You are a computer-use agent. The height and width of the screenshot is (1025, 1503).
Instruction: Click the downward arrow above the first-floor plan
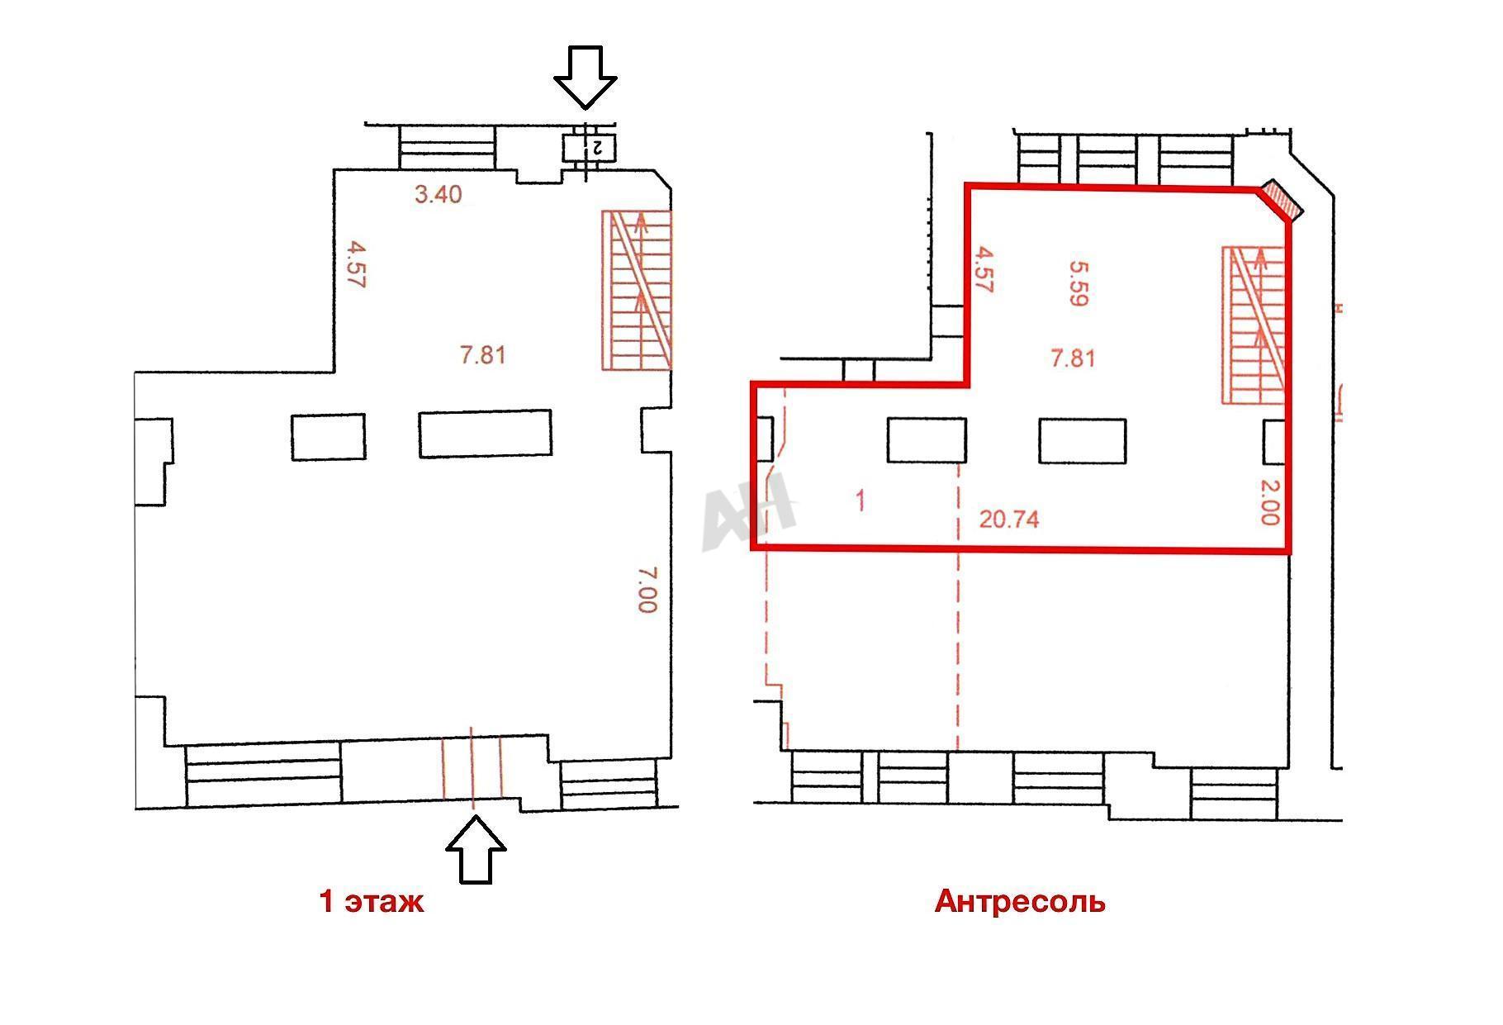click(x=585, y=76)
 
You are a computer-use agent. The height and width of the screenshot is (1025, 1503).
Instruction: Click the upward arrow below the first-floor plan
click(x=476, y=851)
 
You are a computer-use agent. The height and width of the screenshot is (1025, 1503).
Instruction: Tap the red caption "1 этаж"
click(x=372, y=901)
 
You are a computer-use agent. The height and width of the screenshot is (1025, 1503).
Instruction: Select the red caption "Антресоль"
click(x=1020, y=901)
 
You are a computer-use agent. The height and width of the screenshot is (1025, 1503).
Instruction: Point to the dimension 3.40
click(x=438, y=196)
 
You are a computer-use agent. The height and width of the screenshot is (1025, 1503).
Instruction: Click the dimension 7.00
click(x=647, y=589)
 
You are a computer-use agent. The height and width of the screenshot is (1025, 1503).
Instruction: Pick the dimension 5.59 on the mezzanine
click(x=1076, y=283)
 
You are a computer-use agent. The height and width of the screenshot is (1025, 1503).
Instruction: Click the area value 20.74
click(x=1008, y=519)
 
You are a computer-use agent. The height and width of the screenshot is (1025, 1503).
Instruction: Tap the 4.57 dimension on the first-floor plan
click(x=357, y=263)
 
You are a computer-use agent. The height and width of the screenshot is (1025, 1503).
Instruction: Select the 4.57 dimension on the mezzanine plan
click(x=983, y=269)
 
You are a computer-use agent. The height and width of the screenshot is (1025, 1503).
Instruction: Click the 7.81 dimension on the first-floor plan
click(x=483, y=356)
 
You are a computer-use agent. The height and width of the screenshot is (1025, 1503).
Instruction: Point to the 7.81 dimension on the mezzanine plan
click(x=1073, y=358)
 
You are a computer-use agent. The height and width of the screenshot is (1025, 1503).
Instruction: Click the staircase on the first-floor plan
click(x=637, y=290)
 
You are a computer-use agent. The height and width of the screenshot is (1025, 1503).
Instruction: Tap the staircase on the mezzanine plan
click(x=1254, y=325)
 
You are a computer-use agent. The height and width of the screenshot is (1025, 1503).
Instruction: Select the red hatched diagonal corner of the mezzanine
click(x=1281, y=202)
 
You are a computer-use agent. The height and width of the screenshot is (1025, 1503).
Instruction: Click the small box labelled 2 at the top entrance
click(x=589, y=148)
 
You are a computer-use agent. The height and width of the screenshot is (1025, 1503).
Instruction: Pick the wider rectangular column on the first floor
click(x=485, y=434)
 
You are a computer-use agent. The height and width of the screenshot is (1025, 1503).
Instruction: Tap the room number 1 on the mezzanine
click(x=861, y=501)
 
